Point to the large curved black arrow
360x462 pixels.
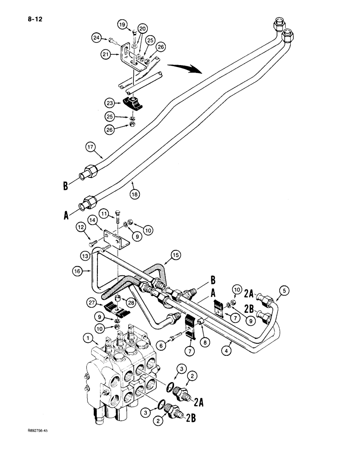185,68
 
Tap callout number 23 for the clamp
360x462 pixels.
109,103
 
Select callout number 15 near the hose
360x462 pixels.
175,255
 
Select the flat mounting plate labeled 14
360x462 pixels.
117,239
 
